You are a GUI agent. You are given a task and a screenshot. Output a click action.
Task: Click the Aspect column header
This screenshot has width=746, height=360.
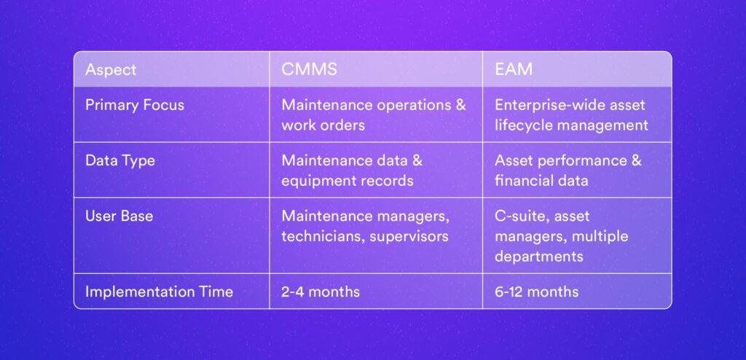(111, 70)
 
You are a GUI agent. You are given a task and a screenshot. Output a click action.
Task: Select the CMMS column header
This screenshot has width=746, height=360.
(309, 69)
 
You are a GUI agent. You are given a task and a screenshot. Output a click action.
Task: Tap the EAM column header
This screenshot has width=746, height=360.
(514, 69)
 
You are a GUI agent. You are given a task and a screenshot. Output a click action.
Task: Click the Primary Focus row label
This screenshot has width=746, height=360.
(135, 105)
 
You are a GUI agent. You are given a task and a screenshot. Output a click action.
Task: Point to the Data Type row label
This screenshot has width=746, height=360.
(120, 161)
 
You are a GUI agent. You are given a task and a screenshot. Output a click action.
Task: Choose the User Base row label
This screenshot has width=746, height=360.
(119, 216)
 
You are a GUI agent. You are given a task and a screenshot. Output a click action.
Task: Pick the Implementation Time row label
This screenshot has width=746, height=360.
(160, 291)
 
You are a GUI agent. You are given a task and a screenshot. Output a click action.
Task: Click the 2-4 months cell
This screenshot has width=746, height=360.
(321, 291)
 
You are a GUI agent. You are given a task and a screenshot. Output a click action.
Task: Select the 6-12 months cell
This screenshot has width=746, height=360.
(537, 291)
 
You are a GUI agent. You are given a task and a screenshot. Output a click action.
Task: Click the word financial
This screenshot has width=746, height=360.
(519, 181)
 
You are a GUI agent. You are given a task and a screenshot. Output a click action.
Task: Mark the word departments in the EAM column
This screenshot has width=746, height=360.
(539, 257)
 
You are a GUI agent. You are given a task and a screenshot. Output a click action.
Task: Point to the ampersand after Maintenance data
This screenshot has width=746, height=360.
(417, 160)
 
